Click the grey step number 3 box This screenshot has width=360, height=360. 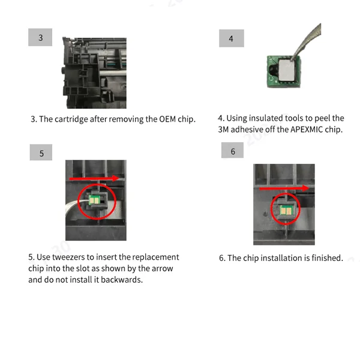pos(40,37)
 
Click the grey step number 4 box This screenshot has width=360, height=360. pos(232,38)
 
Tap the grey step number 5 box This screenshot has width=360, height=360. pos(41,152)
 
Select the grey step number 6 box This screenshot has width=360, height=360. pos(232,150)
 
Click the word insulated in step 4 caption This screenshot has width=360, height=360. pos(266,118)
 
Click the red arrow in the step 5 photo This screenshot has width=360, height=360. pos(94,178)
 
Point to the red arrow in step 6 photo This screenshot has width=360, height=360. pos(284,188)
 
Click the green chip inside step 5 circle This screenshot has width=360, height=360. pos(94,200)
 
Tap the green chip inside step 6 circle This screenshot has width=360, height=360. pos(286,210)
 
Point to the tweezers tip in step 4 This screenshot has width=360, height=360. pos(292,61)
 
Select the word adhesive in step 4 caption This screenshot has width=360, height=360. pos(247,130)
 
